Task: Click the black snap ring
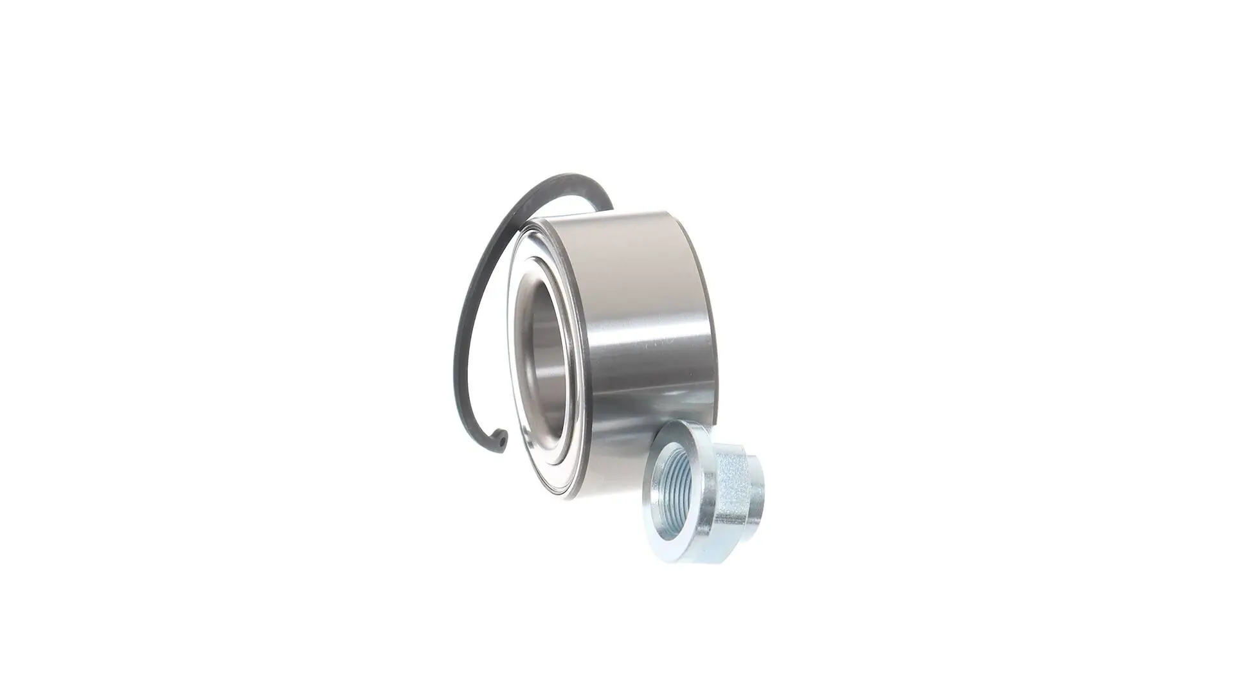[464, 334]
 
